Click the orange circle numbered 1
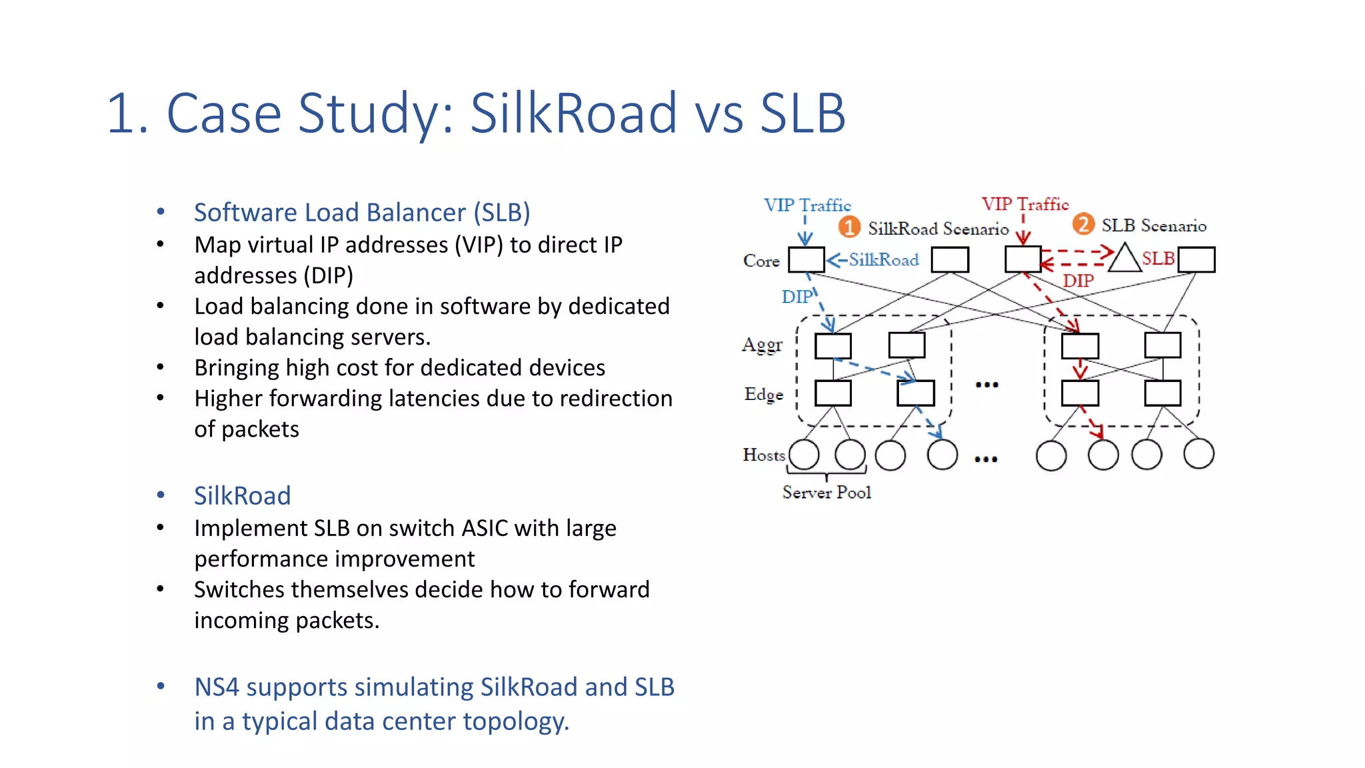(848, 227)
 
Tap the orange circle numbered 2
(1083, 224)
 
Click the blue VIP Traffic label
(807, 205)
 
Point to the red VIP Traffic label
(1024, 205)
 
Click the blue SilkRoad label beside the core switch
(883, 260)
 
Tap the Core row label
(761, 261)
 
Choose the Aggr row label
(762, 345)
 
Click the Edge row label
(763, 395)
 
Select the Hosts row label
(764, 455)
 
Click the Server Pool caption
(826, 493)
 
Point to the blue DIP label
(796, 297)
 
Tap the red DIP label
(1078, 281)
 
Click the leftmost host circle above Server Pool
(804, 455)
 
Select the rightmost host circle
(1198, 454)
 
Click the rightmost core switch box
(1196, 259)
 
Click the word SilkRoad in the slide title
(574, 113)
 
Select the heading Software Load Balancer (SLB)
(362, 213)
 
